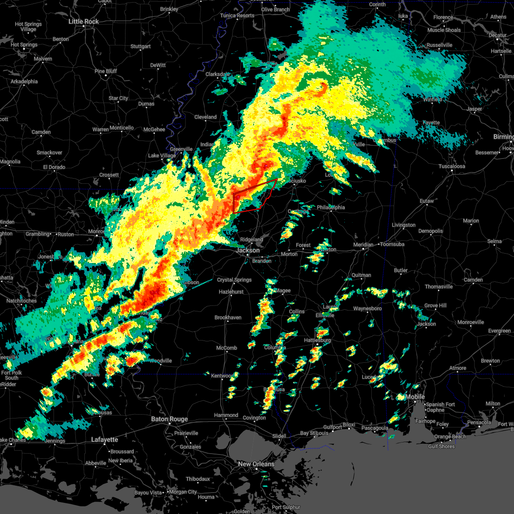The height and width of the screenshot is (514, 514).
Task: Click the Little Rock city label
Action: pos(84,21)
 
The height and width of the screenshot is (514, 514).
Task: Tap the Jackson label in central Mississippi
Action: pos(248,250)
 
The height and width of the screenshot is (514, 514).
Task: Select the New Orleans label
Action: pos(256,464)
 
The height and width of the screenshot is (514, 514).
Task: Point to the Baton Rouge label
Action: pos(169,419)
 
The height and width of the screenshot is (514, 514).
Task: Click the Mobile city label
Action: pos(415,397)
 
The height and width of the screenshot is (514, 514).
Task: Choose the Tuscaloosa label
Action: pos(452,166)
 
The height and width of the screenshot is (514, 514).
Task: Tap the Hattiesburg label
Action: pos(317,340)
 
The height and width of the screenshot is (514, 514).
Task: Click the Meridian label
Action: pos(363,245)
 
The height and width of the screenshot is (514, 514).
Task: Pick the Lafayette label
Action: pos(105,439)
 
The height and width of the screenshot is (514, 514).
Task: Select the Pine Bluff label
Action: pos(106,71)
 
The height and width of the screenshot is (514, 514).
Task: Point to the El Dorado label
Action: pos(54,167)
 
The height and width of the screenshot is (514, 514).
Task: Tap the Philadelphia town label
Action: pos(331,207)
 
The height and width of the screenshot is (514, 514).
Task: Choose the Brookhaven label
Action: pos(228,317)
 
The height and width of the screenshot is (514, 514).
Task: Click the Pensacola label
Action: pos(479,422)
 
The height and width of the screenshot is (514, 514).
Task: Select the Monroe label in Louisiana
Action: pos(96,231)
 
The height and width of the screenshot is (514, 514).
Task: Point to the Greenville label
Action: pos(181,149)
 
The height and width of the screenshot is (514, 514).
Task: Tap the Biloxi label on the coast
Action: pos(349,425)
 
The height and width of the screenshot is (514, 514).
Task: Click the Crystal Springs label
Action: pos(234,280)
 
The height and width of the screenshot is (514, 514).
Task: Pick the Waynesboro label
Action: pos(368,308)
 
